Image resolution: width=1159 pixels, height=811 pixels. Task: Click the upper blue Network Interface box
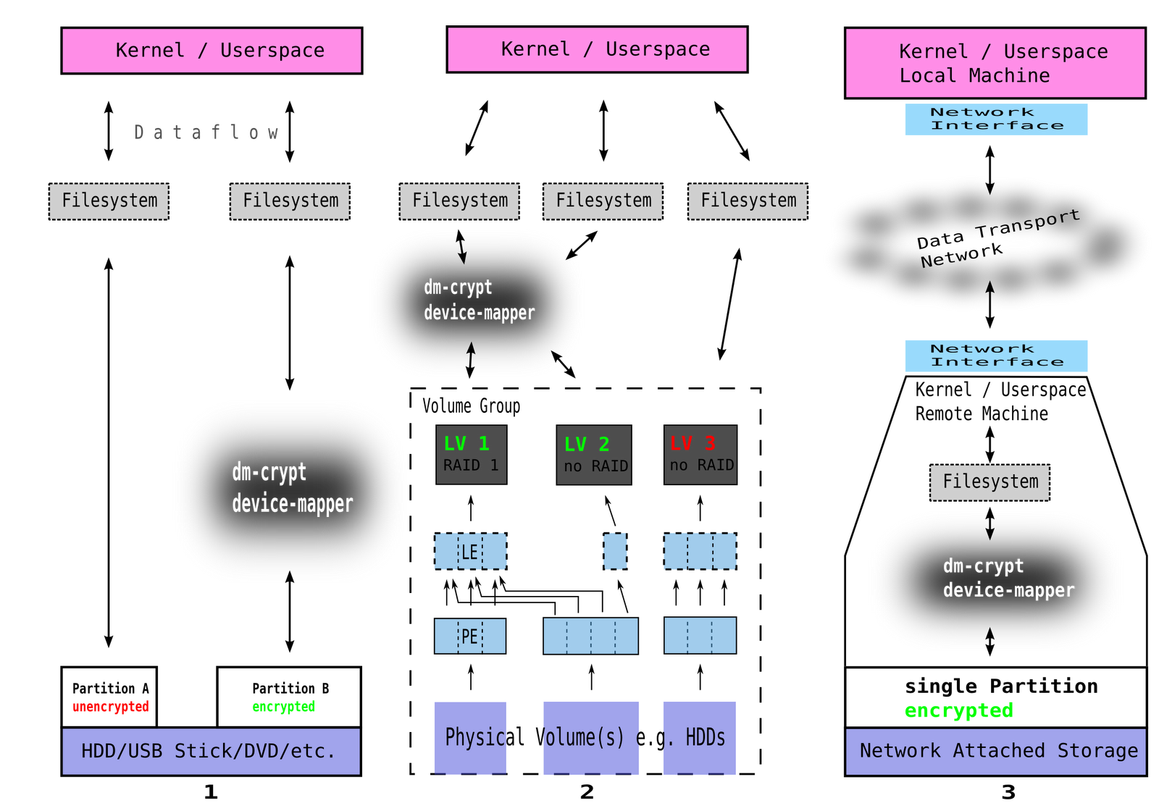[996, 119]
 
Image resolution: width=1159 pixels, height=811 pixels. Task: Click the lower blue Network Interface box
[996, 356]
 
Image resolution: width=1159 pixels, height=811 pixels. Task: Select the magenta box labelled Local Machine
[995, 63]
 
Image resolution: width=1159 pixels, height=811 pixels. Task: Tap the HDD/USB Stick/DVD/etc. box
[211, 751]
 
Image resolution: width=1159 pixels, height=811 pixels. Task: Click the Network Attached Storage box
[995, 751]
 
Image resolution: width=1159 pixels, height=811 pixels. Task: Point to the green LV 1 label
[466, 443]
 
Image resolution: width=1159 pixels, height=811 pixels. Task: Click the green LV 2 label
[587, 444]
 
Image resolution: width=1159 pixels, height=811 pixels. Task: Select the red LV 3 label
[693, 443]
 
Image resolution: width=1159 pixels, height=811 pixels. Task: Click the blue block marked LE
[470, 552]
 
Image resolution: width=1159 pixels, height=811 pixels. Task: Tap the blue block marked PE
[469, 636]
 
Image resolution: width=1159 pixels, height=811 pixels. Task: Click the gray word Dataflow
[206, 132]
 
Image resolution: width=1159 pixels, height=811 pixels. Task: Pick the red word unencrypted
[111, 707]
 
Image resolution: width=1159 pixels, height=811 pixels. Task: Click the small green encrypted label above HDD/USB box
[284, 707]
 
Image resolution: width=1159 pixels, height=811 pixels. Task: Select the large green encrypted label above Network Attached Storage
[958, 711]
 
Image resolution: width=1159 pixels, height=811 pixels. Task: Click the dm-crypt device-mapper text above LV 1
[479, 300]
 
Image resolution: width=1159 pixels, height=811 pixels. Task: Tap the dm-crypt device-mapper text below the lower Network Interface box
[1008, 578]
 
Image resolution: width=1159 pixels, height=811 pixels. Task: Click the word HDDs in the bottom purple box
[705, 737]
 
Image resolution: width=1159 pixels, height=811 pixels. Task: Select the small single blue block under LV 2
[615, 552]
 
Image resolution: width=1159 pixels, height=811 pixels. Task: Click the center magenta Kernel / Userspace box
[597, 49]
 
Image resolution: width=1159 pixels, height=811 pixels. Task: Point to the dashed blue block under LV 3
[700, 552]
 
